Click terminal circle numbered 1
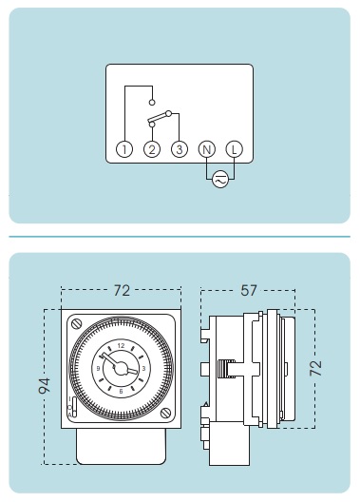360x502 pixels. tap(124, 149)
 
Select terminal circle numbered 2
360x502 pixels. tap(152, 149)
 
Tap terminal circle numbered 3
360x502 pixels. tap(180, 149)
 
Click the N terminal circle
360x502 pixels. tap(207, 149)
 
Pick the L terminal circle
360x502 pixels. tap(235, 149)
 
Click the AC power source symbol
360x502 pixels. tap(220, 180)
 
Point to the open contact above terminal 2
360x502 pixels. tap(152, 103)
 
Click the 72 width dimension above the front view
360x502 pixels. tap(122, 290)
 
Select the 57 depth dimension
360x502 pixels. tap(249, 290)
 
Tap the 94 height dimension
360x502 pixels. tap(44, 385)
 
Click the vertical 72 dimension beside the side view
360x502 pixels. tap(315, 368)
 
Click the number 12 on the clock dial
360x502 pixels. tap(121, 345)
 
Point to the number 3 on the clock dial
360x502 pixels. tap(143, 369)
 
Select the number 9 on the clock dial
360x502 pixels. tap(98, 369)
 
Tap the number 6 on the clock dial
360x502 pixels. tap(121, 391)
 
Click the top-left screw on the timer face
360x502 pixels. tap(77, 324)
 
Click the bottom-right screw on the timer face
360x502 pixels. tap(165, 413)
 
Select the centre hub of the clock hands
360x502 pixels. tap(121, 369)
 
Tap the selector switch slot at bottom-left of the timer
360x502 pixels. tap(74, 407)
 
